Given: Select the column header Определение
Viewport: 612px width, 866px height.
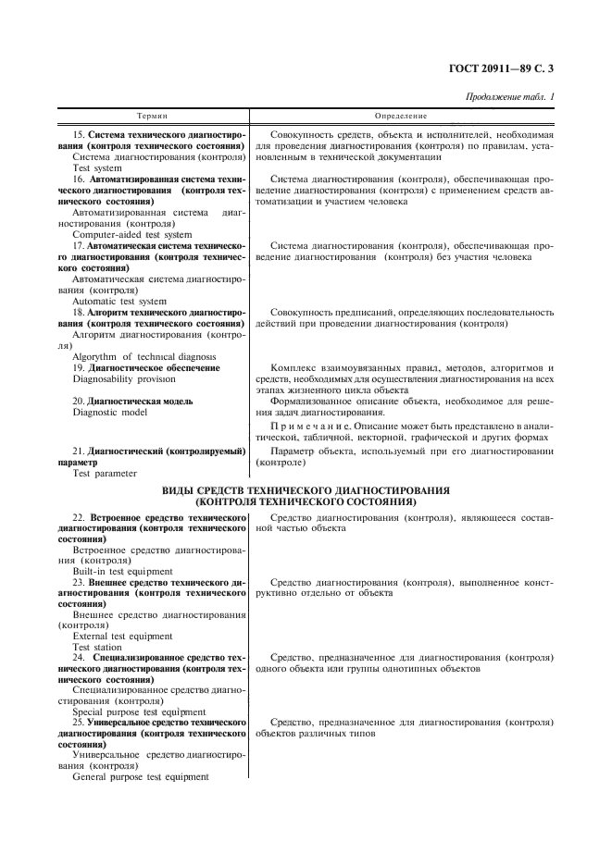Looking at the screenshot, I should [x=401, y=117].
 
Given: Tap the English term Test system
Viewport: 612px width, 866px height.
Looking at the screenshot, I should [x=97, y=168].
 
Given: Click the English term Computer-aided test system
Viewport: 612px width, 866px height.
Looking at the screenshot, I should [x=131, y=234].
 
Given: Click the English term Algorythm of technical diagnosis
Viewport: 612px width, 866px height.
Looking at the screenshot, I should [x=144, y=356].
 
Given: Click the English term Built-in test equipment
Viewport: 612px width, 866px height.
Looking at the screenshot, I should [x=122, y=571].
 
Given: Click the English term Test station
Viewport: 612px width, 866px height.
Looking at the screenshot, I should [x=97, y=648].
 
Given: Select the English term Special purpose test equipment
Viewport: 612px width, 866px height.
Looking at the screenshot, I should [x=139, y=711].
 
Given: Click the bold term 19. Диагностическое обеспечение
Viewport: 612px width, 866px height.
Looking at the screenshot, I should [x=146, y=367].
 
